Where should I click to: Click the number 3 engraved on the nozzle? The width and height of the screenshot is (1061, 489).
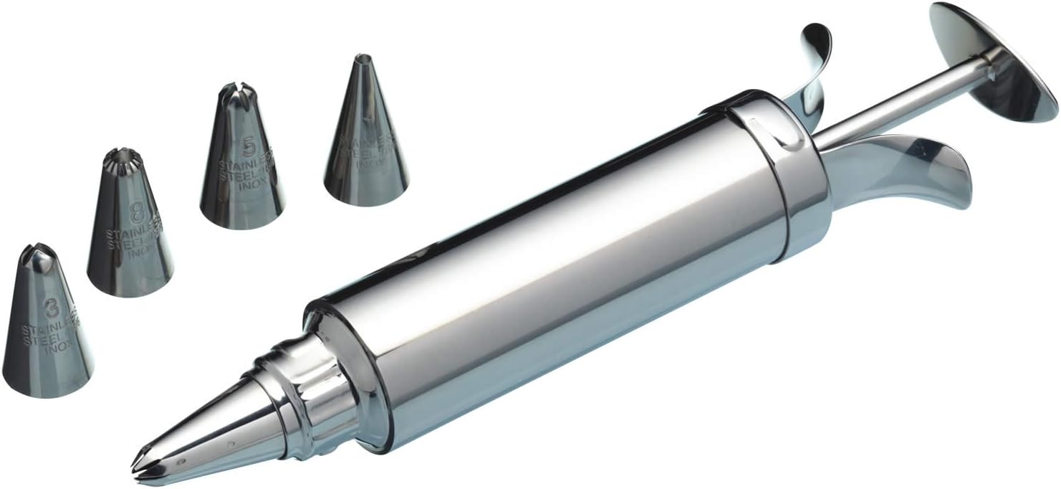pyautogui.click(x=51, y=309)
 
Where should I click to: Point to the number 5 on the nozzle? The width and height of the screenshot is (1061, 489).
pyautogui.click(x=248, y=147)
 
